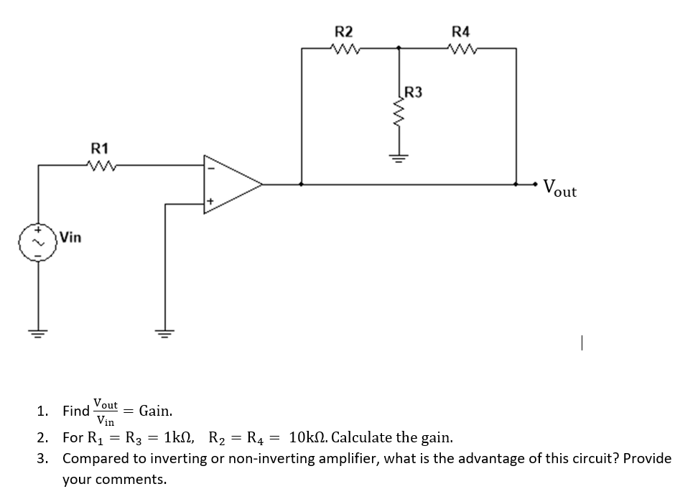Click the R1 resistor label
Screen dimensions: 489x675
100,149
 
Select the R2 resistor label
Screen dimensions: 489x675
344,32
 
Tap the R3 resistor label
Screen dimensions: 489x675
414,91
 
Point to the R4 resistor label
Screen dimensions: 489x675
460,32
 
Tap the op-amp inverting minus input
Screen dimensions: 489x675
210,170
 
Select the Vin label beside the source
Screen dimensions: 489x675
70,236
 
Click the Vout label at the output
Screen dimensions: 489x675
559,190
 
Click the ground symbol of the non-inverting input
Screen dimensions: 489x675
165,332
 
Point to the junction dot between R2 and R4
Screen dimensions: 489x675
399,48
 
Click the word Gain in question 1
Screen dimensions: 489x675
155,411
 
